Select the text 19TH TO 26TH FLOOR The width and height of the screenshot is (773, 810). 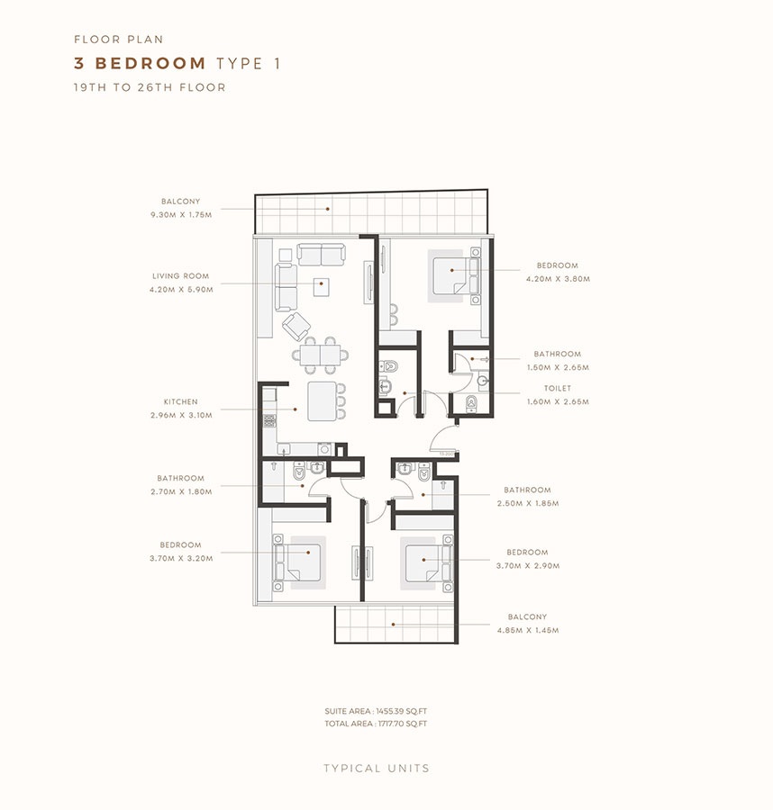pyautogui.click(x=150, y=87)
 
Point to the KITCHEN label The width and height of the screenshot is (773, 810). pyautogui.click(x=180, y=402)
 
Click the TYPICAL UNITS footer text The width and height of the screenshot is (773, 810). pyautogui.click(x=377, y=768)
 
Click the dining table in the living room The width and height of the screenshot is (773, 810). pyautogui.click(x=320, y=355)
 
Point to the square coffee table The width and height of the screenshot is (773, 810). pyautogui.click(x=322, y=286)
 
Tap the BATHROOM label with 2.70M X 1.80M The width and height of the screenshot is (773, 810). pyautogui.click(x=180, y=479)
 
